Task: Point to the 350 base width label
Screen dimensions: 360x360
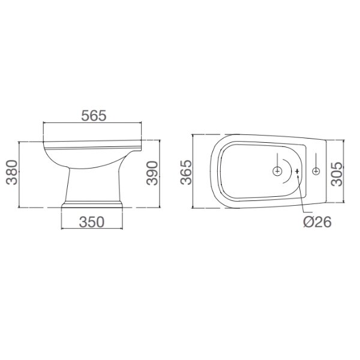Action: coord(92,221)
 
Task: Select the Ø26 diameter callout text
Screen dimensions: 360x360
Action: coord(317,222)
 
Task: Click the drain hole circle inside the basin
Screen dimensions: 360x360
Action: coord(277,172)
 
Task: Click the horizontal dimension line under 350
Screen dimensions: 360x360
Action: coord(94,229)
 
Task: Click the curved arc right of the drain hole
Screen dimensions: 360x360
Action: coord(291,172)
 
